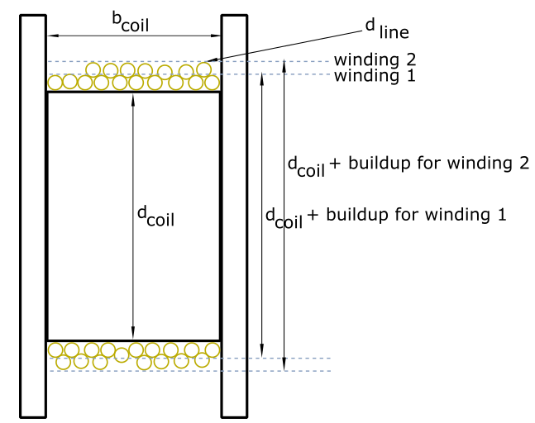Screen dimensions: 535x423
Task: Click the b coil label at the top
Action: (131, 21)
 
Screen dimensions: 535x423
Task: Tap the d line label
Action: (387, 29)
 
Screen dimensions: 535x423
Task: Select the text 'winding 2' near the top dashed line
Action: (375, 59)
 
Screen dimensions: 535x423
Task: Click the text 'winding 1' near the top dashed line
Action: (375, 75)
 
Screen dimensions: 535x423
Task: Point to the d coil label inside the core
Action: (155, 216)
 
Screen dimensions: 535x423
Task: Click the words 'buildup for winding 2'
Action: (438, 163)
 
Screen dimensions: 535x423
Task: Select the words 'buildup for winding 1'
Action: (416, 215)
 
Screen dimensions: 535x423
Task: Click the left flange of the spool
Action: (33, 216)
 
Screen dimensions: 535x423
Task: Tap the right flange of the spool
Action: (234, 216)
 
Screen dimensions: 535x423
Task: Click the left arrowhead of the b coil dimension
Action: (51, 36)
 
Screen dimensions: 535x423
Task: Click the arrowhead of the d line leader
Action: (211, 60)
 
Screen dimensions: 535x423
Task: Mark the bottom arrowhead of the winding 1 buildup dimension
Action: (261, 352)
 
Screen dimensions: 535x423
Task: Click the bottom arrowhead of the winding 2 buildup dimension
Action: (284, 364)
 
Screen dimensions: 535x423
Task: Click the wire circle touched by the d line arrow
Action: (203, 69)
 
